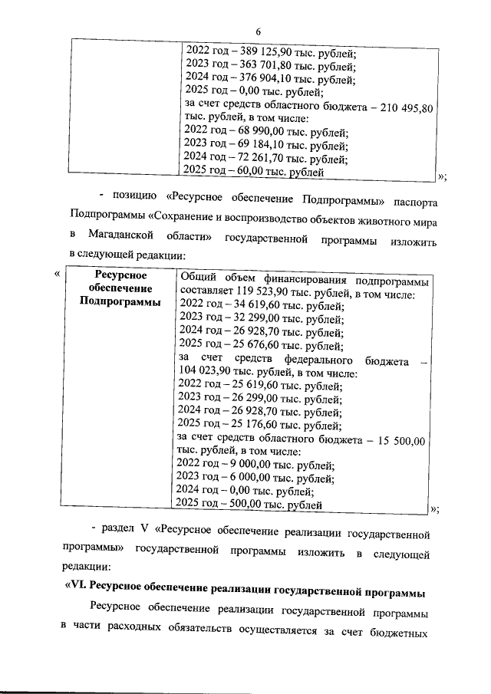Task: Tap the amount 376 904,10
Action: pos(264,79)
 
